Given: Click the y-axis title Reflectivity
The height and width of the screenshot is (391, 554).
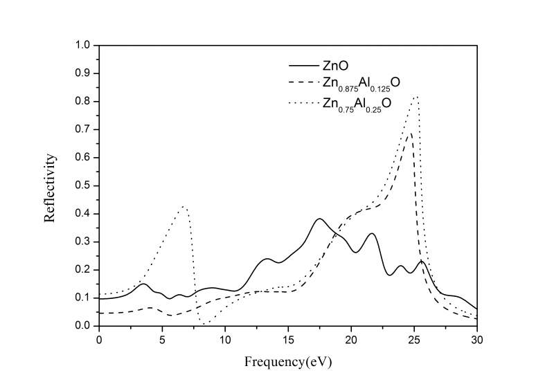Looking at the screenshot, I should click(50, 186).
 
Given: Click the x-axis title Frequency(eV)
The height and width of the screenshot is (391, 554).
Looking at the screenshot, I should click(287, 361).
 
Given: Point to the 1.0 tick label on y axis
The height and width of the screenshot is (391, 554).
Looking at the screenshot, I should click(84, 46).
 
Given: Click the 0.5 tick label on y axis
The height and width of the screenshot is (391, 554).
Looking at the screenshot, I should click(84, 185).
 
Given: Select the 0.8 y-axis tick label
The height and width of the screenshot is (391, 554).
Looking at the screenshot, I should click(84, 102).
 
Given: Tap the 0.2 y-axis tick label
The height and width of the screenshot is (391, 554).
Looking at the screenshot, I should click(84, 270).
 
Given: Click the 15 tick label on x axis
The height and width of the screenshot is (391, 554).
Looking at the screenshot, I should click(288, 340).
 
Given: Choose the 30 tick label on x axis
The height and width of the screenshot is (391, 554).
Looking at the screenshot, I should click(477, 340).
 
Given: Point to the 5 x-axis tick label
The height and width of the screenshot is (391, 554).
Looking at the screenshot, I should click(162, 340).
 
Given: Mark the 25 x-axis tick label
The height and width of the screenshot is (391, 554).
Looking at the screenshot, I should click(414, 340).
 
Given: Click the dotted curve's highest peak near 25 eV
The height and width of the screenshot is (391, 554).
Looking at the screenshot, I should click(415, 97).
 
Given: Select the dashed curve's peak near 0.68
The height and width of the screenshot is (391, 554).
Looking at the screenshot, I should click(409, 134).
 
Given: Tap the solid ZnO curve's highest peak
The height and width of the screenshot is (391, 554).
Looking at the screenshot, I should click(319, 219).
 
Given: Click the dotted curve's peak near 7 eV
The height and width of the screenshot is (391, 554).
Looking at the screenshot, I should click(184, 206).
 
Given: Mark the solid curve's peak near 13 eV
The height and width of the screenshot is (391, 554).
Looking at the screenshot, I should click(267, 259).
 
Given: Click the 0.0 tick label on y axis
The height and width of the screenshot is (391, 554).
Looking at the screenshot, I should click(84, 326).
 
